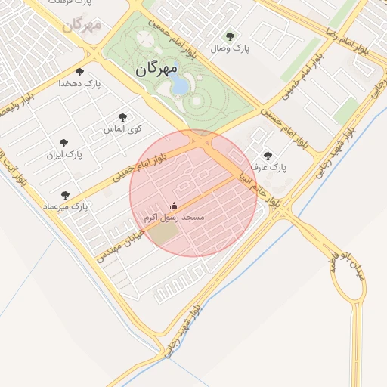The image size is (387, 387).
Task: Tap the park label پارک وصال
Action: point(231,48)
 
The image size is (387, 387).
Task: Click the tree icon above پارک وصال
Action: point(231,36)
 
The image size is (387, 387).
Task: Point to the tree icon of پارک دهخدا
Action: point(79,72)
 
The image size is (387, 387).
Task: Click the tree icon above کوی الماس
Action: point(122,117)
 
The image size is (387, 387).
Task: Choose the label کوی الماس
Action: point(120,128)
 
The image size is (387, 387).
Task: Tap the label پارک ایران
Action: point(63,154)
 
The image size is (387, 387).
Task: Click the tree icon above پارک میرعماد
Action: point(65,194)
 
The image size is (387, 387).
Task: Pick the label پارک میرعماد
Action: point(66,206)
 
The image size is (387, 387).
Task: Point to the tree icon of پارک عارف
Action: point(268,156)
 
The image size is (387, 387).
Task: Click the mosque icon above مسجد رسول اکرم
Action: point(175,206)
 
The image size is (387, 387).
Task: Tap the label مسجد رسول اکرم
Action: point(174,217)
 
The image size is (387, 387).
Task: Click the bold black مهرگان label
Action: point(156,70)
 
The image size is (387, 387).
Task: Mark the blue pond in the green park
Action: point(180,82)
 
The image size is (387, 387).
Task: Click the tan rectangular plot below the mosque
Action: point(166,234)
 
